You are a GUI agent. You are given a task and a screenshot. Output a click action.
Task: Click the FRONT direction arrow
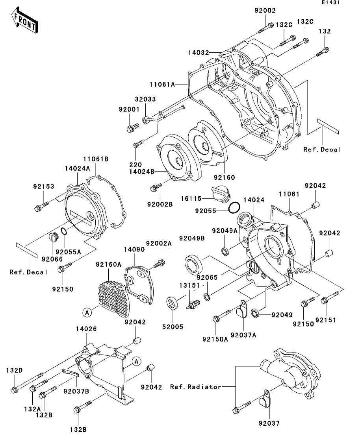[24, 20]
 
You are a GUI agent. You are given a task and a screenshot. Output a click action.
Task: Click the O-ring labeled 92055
[234, 207]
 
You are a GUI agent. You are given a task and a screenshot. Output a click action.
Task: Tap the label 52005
[173, 326]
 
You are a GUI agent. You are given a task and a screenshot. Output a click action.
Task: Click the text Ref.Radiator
[195, 387]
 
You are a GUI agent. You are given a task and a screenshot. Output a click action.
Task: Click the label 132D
[14, 370]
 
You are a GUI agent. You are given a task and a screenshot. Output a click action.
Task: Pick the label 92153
[43, 187]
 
